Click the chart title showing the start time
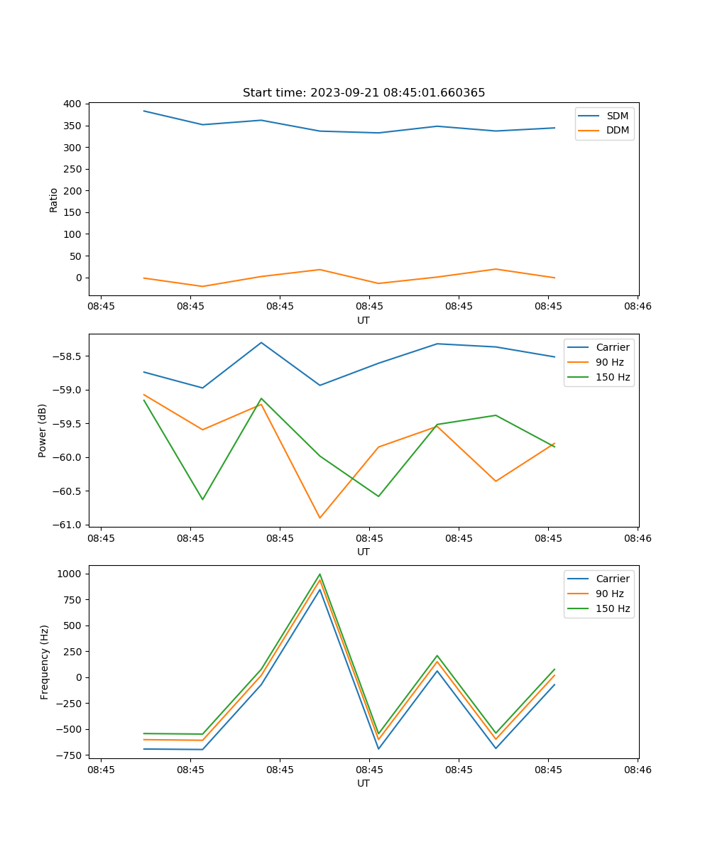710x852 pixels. tap(364, 92)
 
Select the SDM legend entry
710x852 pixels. tap(617, 115)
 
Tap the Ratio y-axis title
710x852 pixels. tap(54, 200)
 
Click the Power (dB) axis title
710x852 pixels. tap(43, 430)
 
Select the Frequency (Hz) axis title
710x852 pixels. tap(44, 662)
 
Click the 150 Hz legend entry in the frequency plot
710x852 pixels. tap(613, 608)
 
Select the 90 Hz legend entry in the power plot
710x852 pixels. tap(609, 362)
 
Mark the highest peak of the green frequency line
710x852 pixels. tap(319, 574)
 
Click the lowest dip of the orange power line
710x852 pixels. tap(319, 518)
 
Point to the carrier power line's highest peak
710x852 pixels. tap(261, 342)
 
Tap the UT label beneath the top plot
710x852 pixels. tap(364, 320)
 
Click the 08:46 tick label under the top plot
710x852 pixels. tap(638, 307)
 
